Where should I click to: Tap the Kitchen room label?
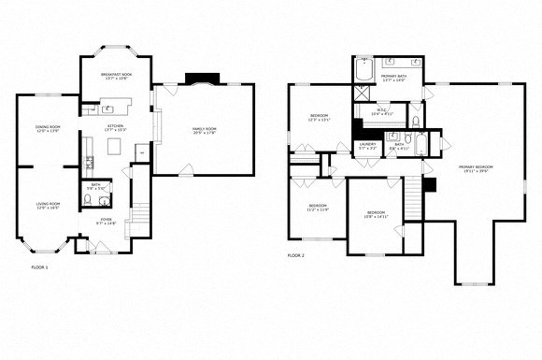tap(116, 127)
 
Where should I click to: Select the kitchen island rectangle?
tap(117, 147)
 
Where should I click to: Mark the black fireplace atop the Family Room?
tap(199, 79)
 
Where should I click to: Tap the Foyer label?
tap(105, 223)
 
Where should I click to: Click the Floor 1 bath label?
tap(95, 186)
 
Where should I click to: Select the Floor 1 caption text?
tap(39, 266)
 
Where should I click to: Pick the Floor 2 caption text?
tap(295, 255)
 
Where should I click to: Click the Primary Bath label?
tap(392, 78)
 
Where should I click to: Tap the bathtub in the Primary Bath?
tap(364, 72)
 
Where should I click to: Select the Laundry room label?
tap(366, 146)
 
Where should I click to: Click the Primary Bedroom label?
tap(475, 169)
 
